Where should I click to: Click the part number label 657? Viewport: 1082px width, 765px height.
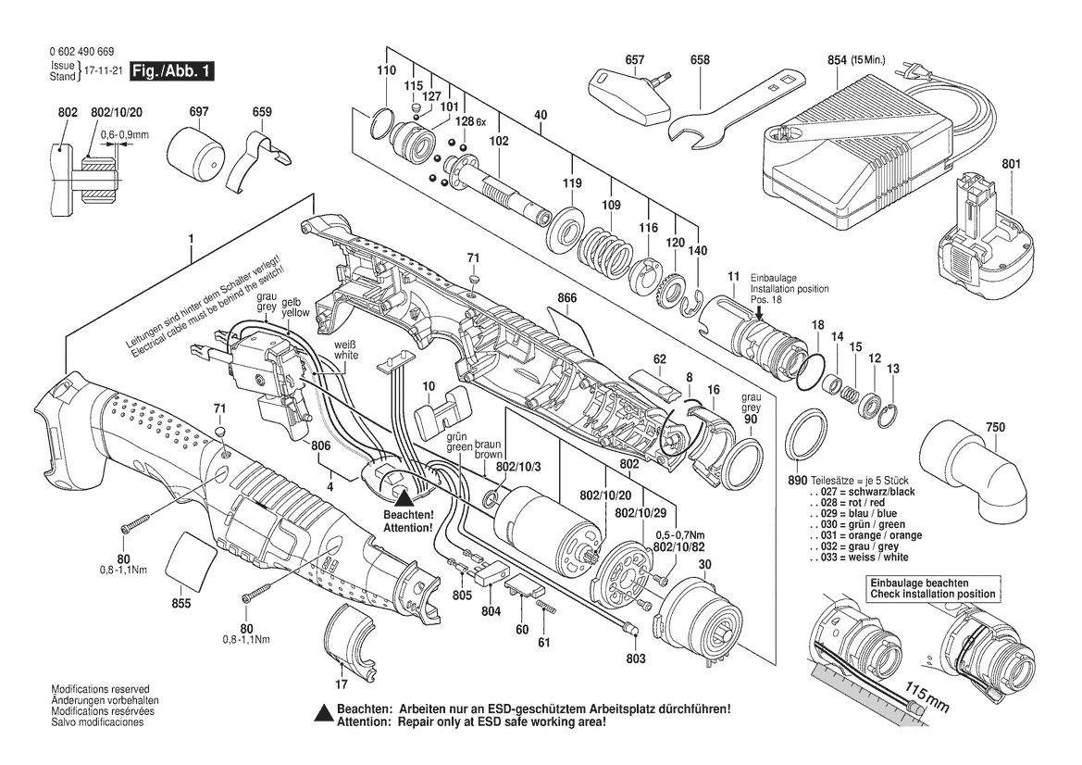(x=634, y=60)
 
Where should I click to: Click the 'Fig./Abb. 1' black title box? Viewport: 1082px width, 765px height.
(x=172, y=71)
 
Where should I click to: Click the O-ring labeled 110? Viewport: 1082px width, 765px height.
(x=381, y=123)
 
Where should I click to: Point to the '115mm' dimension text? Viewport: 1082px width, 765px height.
(x=927, y=698)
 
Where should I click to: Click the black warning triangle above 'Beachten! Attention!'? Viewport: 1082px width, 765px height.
(x=404, y=498)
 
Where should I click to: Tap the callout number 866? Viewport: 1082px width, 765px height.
(x=567, y=298)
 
